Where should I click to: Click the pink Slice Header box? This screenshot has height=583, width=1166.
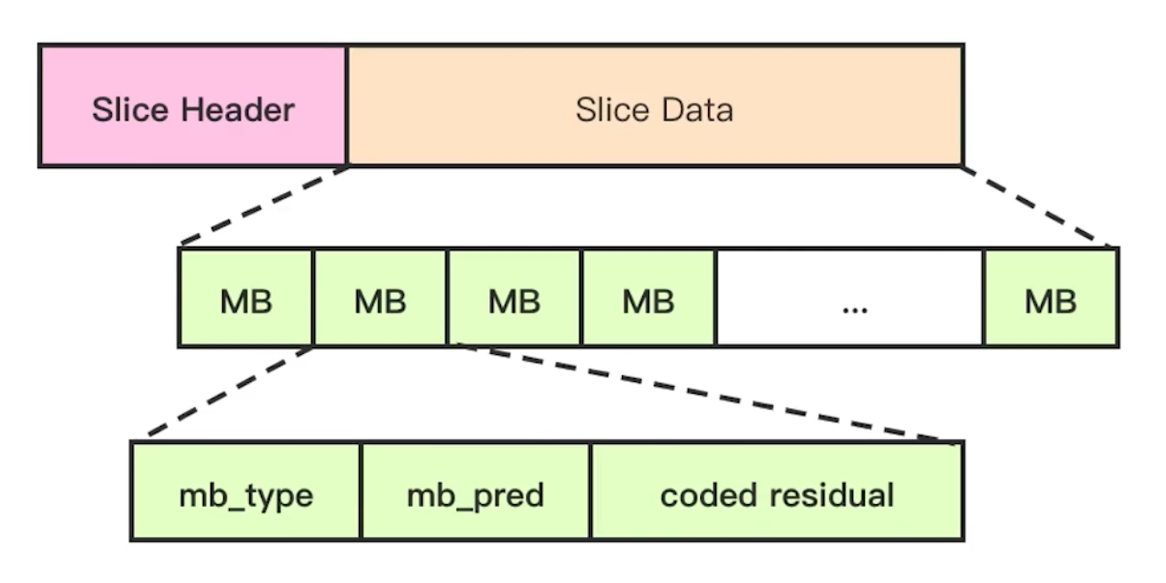pyautogui.click(x=192, y=106)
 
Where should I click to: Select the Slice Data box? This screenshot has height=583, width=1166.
pyautogui.click(x=656, y=106)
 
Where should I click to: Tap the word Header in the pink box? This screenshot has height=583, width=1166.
pyautogui.click(x=238, y=110)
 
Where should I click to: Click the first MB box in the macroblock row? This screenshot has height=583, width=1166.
pyautogui.click(x=245, y=298)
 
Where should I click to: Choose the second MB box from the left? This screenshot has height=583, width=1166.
pyautogui.click(x=380, y=298)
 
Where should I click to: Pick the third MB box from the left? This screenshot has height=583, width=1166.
pyautogui.click(x=514, y=298)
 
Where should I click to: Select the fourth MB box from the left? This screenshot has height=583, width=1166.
pyautogui.click(x=649, y=298)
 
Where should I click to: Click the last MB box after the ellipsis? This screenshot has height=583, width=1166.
pyautogui.click(x=1051, y=298)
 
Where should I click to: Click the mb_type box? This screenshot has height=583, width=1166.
pyautogui.click(x=245, y=492)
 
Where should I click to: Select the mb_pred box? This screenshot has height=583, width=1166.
pyautogui.click(x=475, y=492)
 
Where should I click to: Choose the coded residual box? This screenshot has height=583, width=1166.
pyautogui.click(x=777, y=492)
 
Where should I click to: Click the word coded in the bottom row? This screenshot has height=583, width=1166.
pyautogui.click(x=709, y=495)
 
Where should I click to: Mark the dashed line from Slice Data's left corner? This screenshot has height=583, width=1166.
pyautogui.click(x=264, y=205)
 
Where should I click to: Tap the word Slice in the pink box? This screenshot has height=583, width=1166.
pyautogui.click(x=131, y=110)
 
